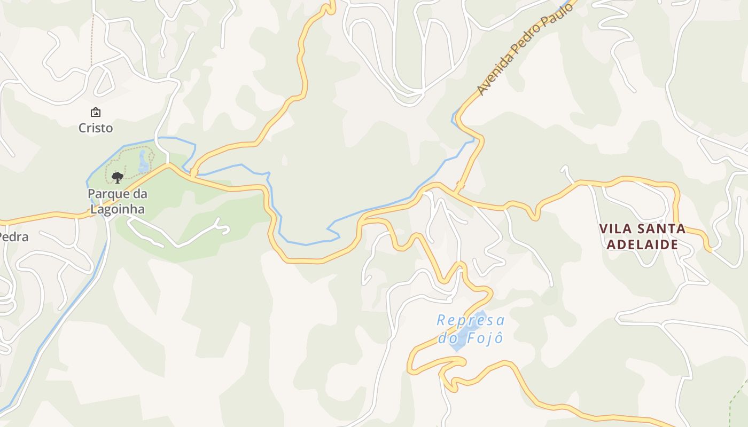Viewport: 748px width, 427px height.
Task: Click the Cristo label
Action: pyautogui.click(x=96, y=128)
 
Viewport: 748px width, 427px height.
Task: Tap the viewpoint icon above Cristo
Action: pyautogui.click(x=96, y=112)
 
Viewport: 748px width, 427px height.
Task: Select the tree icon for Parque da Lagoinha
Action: pyautogui.click(x=118, y=177)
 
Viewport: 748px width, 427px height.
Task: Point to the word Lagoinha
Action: pyautogui.click(x=118, y=209)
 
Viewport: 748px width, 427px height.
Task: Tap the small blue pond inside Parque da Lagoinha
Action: pyautogui.click(x=143, y=161)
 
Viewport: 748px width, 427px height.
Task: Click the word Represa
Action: pyautogui.click(x=470, y=320)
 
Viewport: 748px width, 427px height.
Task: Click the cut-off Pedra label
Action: pyautogui.click(x=13, y=237)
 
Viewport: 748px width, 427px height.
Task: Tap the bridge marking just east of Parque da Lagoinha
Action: pyautogui.click(x=193, y=172)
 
